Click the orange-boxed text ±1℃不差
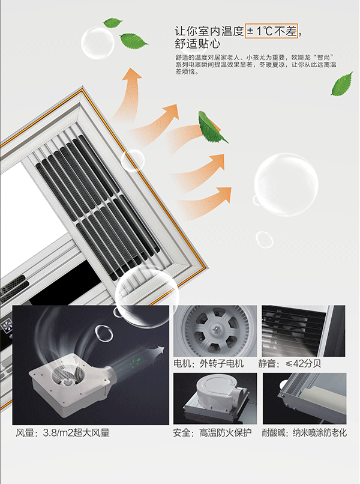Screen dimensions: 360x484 (271, 31)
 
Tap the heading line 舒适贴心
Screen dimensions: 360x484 (198, 44)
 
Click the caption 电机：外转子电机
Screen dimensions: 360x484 (209, 363)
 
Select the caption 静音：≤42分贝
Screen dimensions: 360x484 (290, 363)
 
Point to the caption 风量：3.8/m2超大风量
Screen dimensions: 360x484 (62, 433)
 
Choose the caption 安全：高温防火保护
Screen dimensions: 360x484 (212, 433)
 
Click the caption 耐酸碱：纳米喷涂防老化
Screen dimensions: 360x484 (304, 433)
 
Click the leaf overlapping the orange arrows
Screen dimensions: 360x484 (212, 127)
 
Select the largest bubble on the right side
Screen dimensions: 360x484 (286, 184)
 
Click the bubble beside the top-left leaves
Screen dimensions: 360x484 (98, 43)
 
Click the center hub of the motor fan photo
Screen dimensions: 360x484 (216, 331)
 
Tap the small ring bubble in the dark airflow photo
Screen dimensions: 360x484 (104, 333)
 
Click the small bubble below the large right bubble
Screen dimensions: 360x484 (265, 240)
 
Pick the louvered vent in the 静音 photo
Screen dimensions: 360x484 (293, 331)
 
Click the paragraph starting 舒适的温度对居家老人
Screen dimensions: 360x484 (256, 64)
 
